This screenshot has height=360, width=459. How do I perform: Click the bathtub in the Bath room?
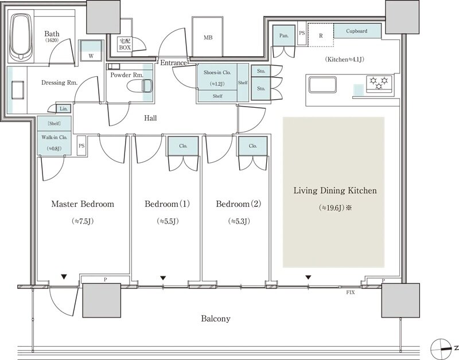(21, 37)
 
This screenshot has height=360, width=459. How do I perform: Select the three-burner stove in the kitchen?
(379, 83)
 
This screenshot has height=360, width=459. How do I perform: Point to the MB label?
(208, 37)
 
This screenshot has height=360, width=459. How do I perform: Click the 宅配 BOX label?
(125, 45)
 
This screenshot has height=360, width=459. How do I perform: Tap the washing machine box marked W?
(91, 51)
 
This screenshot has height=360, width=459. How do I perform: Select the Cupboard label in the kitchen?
(356, 31)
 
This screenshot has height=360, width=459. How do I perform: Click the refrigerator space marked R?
(321, 35)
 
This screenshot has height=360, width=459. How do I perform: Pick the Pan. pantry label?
(283, 36)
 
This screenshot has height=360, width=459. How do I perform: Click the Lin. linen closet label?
(64, 109)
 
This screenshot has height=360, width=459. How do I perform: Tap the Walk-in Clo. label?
(55, 137)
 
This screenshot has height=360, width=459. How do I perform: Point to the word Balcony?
(216, 319)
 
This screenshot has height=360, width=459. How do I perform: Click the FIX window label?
(351, 292)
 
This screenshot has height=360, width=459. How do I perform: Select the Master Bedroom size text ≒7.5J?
(83, 221)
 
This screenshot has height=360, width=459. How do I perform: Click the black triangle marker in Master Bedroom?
(64, 276)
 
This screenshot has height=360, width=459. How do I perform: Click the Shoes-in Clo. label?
(217, 73)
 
